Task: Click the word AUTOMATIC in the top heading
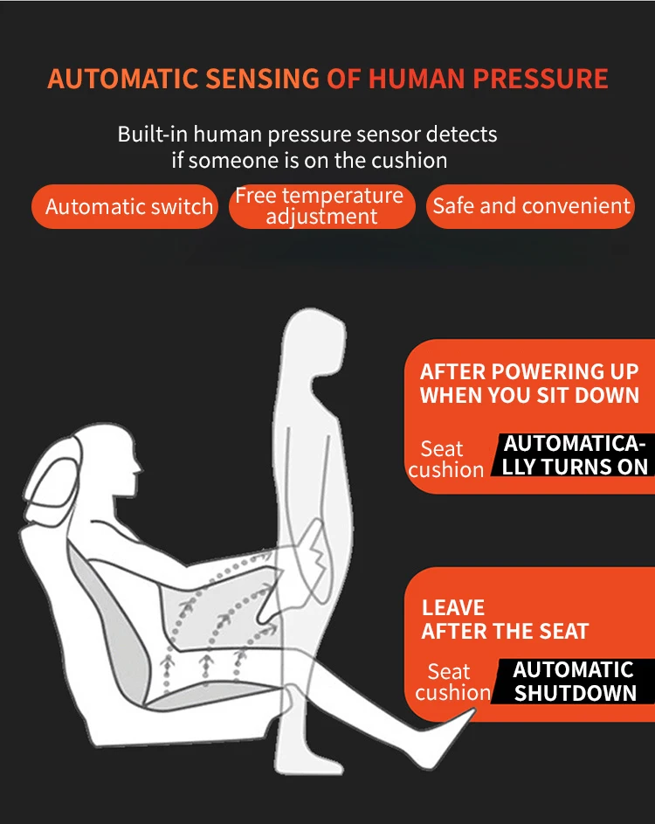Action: click(121, 79)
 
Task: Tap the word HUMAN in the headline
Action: click(417, 79)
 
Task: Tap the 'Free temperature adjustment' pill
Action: click(321, 206)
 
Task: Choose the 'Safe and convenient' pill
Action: click(531, 206)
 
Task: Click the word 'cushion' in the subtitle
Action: click(405, 161)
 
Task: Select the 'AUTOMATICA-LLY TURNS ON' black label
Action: click(575, 454)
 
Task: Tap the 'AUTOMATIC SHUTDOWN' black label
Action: click(575, 682)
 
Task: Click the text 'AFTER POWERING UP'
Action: click(529, 371)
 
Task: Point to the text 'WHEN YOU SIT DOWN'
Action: click(529, 395)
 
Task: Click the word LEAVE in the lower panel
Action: click(453, 608)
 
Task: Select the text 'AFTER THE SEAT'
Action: click(505, 631)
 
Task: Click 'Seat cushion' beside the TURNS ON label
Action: click(445, 459)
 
